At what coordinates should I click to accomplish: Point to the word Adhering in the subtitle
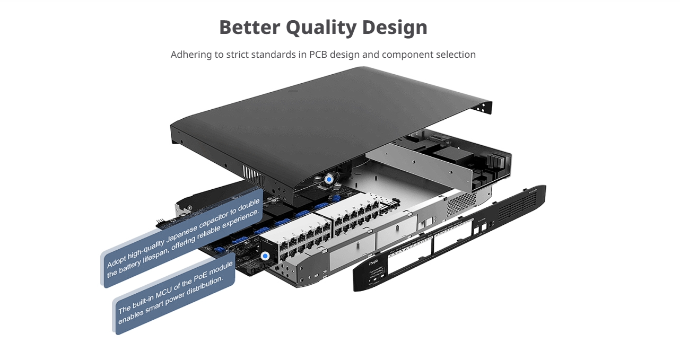pos(193,55)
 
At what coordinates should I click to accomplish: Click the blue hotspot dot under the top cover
pos(329,180)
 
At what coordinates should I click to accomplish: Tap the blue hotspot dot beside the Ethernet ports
pos(265,256)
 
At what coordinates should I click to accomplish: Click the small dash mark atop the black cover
pos(293,91)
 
